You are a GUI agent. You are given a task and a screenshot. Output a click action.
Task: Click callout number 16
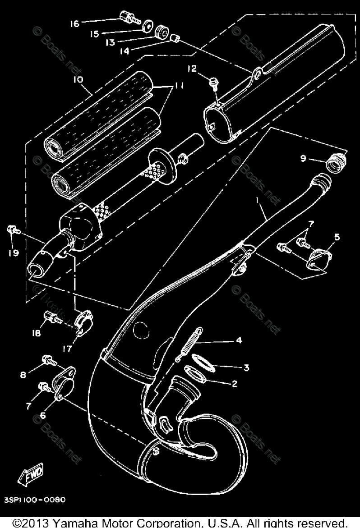click(74, 23)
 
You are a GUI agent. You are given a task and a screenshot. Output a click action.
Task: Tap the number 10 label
click(77, 80)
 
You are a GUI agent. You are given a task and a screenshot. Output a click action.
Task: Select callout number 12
click(192, 69)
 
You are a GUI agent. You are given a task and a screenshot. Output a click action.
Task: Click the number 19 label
click(13, 253)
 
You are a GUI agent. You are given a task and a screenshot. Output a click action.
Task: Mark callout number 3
click(246, 367)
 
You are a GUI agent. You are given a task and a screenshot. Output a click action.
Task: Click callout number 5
click(337, 236)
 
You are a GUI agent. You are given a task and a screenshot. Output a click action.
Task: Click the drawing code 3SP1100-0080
click(36, 500)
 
